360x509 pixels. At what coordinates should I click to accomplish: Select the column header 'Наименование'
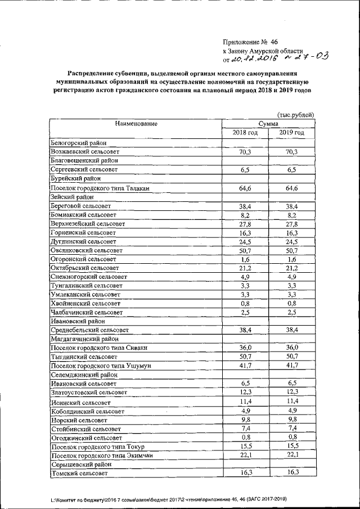(x=137, y=124)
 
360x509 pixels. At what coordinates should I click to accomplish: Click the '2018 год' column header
(x=245, y=133)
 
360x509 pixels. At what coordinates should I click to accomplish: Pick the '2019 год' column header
(x=291, y=133)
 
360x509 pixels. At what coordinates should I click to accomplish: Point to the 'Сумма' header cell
(x=268, y=124)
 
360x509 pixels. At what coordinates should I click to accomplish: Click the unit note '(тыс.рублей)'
(x=295, y=115)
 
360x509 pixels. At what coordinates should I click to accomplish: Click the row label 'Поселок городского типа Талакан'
(x=100, y=188)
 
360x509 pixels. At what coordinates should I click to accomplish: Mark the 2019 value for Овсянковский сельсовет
(x=291, y=250)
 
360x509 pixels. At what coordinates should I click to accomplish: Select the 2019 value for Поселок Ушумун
(x=291, y=366)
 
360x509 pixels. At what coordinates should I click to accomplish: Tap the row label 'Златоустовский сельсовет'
(x=89, y=392)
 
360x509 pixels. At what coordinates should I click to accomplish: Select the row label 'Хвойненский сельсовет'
(x=84, y=303)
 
